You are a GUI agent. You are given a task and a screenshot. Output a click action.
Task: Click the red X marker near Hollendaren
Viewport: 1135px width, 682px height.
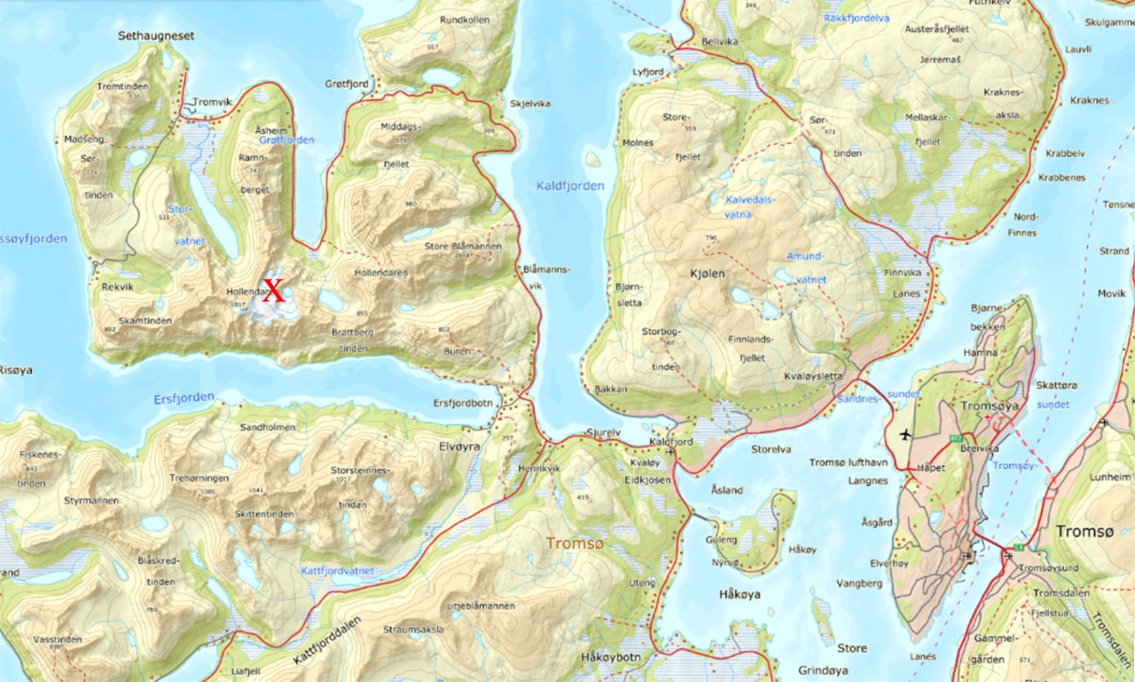pos(274,290)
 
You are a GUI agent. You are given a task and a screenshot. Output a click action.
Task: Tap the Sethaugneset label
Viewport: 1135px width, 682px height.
pos(156,36)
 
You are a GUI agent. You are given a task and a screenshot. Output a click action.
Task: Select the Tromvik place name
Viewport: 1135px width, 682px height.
pos(212,102)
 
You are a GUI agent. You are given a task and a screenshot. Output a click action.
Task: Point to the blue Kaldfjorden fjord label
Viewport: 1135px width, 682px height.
pos(570,186)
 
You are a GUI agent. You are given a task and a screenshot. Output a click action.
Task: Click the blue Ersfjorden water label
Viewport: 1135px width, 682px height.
pos(184,398)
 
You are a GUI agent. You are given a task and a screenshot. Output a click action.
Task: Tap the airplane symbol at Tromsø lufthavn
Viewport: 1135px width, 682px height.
pos(904,435)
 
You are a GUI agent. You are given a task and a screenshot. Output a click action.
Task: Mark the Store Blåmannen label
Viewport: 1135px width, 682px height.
pos(463,247)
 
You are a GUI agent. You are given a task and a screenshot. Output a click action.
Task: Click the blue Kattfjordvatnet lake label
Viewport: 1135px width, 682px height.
pos(336,571)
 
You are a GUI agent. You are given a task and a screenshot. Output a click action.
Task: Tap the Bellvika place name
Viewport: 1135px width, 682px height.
pos(694,42)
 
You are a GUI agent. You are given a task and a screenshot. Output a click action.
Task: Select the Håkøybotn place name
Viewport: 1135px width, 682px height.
pos(609,657)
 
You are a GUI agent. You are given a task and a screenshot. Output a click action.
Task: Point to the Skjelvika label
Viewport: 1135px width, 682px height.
pos(530,104)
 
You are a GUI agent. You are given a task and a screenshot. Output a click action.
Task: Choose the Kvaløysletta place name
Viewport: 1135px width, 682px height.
pos(813,376)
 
